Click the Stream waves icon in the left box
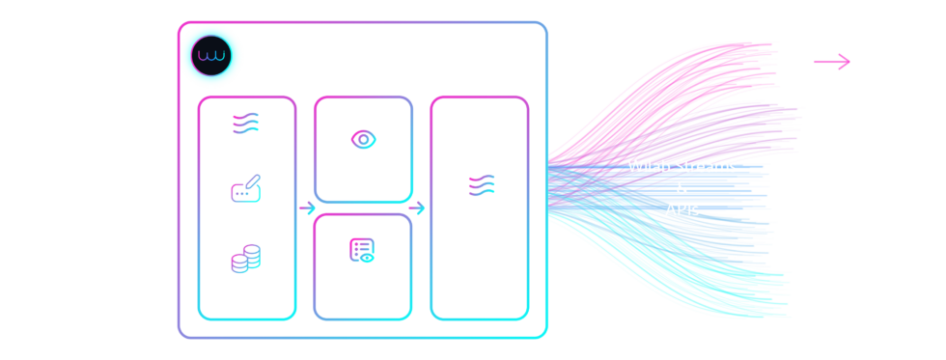point(245,123)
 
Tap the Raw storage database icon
point(245,260)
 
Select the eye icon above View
point(363,138)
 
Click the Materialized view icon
point(363,250)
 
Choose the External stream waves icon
point(480,185)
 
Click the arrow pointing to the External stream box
point(417,208)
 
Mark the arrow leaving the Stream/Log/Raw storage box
point(307,208)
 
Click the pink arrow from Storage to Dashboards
point(831,63)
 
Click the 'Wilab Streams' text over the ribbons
point(682,166)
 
